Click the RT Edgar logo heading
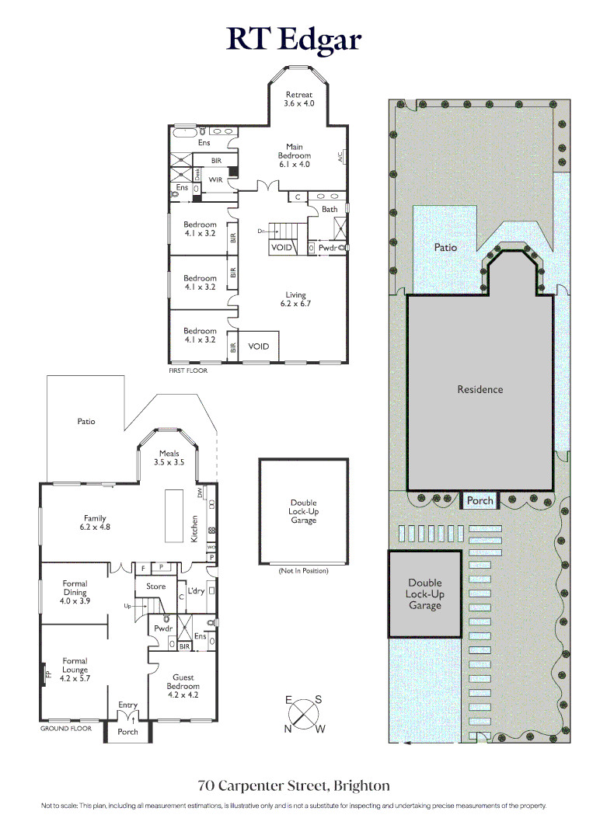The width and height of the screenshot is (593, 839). (294, 39)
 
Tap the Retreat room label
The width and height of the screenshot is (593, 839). (298, 99)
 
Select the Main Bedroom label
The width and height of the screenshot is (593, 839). (295, 155)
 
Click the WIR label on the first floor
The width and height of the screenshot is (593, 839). (216, 179)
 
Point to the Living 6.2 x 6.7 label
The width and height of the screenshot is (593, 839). (295, 299)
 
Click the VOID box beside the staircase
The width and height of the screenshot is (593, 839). (282, 247)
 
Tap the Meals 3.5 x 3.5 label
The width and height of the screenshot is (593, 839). (169, 458)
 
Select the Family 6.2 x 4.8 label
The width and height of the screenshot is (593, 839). (95, 522)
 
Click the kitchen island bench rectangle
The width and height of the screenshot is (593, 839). (173, 516)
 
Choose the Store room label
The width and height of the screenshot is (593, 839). (155, 587)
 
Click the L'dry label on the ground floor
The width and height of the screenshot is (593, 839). (196, 590)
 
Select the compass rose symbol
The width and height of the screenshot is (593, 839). (303, 715)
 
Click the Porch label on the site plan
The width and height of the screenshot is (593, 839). (480, 500)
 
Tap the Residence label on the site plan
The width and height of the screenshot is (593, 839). (480, 389)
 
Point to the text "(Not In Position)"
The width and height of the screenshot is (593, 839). (303, 571)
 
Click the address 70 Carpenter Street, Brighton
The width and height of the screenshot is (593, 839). (294, 786)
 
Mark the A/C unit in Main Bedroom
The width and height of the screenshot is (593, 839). (341, 156)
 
